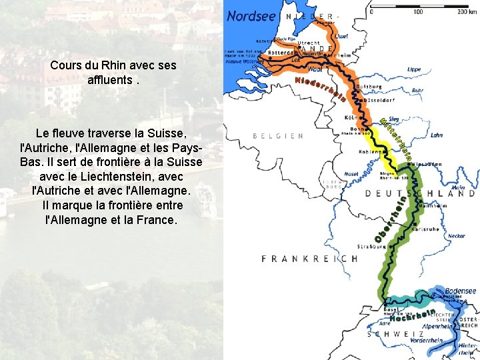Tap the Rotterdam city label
(x=280, y=52)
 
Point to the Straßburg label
(x=372, y=246)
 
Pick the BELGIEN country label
(x=279, y=135)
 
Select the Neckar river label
(x=457, y=235)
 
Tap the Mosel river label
(x=351, y=175)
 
